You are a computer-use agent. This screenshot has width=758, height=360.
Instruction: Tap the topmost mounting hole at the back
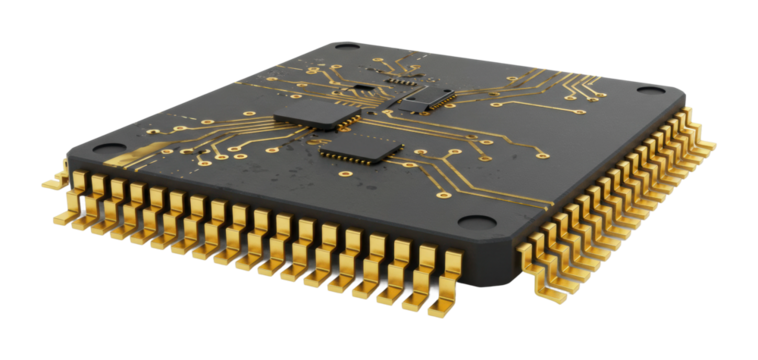click(x=346, y=46)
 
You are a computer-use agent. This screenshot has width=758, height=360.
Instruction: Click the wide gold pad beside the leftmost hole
click(x=134, y=158)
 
